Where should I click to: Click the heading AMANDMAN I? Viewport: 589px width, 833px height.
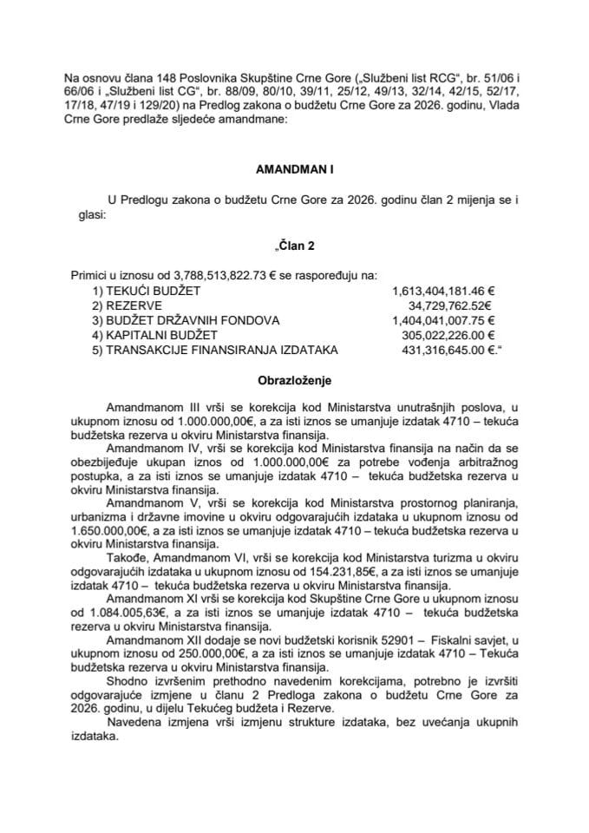(x=294, y=173)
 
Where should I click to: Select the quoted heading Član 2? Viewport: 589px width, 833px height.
(x=294, y=246)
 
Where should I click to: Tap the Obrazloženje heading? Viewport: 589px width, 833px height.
(x=294, y=380)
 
